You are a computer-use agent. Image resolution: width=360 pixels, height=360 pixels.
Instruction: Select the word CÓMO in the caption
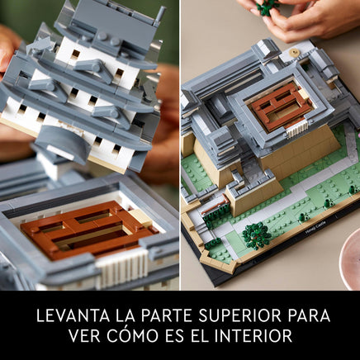132,334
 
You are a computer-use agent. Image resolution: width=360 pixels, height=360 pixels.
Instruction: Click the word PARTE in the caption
164,315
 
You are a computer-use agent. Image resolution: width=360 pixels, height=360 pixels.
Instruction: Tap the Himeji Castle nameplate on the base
315,227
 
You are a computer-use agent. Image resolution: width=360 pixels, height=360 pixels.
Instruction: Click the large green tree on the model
257,235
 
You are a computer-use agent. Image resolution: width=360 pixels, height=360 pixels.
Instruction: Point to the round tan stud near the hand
295,52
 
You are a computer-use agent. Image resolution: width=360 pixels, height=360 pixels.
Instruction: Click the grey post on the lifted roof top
160,14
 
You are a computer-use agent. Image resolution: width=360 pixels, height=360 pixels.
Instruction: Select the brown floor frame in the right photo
281,107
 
